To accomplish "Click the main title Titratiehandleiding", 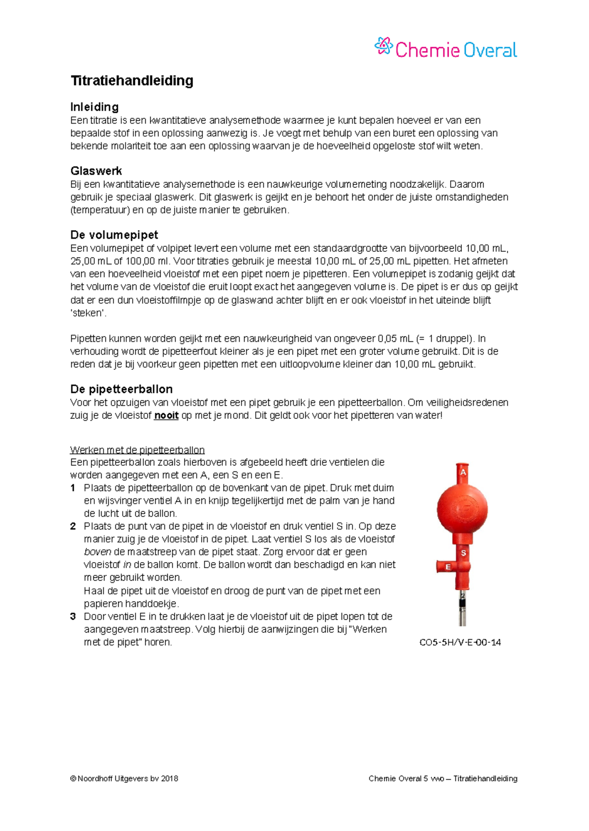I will point(132,80).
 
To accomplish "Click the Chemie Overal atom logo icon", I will point(383,46).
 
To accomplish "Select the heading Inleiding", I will point(94,107).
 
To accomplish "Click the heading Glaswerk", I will point(96,171).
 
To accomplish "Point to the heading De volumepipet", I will point(114,234).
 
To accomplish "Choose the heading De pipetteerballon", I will point(121,389).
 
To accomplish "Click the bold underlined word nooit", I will point(166,415).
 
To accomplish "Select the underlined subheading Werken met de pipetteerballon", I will point(137,450).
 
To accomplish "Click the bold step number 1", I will point(73,488).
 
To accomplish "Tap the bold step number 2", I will point(73,526).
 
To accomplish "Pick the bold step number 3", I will point(73,617).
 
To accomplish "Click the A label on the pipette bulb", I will point(462,472).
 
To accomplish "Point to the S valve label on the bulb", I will point(463,553).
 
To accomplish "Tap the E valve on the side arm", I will point(447,567).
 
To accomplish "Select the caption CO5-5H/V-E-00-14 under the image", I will point(460,643).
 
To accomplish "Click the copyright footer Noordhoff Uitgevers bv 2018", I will point(124,779).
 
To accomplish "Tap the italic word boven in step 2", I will point(97,552).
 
